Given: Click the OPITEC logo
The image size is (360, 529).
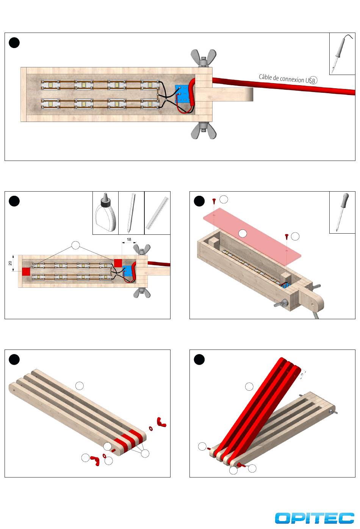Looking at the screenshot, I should click(314, 518).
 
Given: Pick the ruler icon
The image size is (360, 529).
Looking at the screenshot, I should click(157, 213).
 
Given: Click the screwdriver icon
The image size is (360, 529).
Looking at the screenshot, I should click(342, 212).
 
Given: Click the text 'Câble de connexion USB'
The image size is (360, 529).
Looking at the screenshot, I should click(288, 79).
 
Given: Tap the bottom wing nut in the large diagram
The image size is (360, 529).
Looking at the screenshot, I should click(203, 131).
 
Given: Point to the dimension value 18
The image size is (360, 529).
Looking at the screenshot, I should click(129, 240).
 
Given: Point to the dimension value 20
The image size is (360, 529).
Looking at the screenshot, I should click(10, 263).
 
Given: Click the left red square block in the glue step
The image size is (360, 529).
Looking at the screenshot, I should click(26, 272).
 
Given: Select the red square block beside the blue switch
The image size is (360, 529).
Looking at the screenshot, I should click(117, 263).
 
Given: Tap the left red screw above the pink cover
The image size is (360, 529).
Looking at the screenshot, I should click(214, 200).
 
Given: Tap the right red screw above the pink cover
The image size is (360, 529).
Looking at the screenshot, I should click(286, 237).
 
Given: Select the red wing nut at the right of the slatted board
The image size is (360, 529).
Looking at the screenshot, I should click(161, 422).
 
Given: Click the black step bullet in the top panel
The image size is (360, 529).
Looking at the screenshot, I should click(14, 43).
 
